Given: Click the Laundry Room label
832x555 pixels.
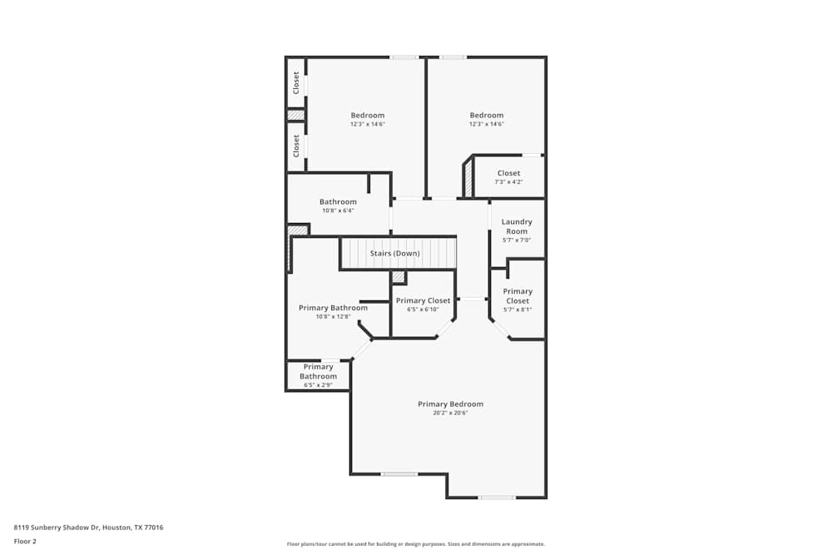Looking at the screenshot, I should coord(517,226).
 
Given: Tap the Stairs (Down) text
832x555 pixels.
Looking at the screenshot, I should coord(394,253).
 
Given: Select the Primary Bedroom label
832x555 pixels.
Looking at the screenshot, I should coord(450,404).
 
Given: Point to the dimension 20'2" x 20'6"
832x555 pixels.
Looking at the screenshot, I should coord(450,413).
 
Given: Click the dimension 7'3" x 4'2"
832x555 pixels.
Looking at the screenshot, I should coord(508,181).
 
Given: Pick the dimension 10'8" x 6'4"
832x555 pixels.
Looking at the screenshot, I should coord(338,211).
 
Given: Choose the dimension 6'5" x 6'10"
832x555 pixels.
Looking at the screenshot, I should coord(423,310).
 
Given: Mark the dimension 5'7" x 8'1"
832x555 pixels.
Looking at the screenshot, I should coord(517,310).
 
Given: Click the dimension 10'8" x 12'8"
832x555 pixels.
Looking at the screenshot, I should coord(333,316).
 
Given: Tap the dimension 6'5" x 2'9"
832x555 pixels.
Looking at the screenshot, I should coord(318,385).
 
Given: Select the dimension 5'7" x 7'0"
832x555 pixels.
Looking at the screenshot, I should coord(517,240).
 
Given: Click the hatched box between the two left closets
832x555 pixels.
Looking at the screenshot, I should coord(295,115).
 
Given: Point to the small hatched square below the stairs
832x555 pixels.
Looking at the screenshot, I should coord(399,276).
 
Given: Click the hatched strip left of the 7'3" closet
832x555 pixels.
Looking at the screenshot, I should coord(468,177).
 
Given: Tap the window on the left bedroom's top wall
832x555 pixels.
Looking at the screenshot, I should coord(404,57).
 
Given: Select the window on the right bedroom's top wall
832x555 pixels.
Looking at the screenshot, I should coord(453,57).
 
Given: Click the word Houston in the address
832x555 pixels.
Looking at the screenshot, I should coord(118,528).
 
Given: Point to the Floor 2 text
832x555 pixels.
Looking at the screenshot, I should coord(25,541).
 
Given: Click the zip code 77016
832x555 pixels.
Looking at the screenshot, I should coord(154,528).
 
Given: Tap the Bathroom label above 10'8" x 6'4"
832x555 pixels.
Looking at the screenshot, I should coord(338,202).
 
